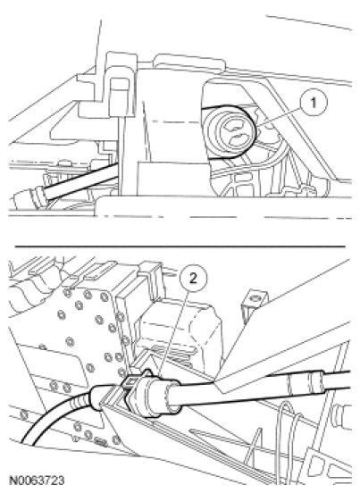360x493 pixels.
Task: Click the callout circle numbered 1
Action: [314, 103]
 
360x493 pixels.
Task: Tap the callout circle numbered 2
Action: [193, 279]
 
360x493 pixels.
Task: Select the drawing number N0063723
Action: [37, 480]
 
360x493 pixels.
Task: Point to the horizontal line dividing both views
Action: [180, 246]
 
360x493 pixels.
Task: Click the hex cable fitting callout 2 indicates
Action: [152, 393]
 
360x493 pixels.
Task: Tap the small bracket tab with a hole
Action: [255, 304]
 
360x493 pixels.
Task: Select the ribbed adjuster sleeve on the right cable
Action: [305, 383]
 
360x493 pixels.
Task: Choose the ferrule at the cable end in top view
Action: [30, 197]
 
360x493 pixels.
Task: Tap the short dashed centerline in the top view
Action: [175, 121]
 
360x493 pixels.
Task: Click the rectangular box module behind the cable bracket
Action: [180, 333]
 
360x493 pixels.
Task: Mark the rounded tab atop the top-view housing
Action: [189, 62]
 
